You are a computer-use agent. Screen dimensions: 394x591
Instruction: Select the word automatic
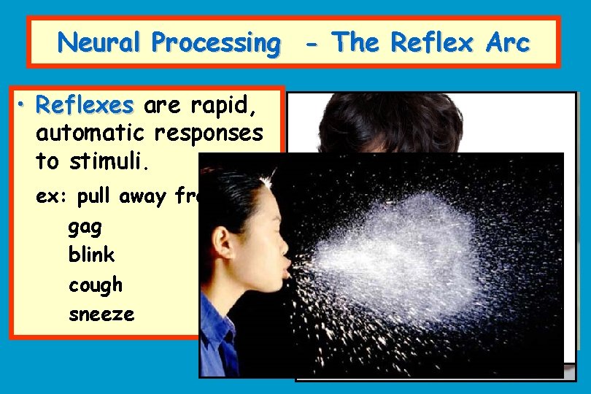[x=91, y=134]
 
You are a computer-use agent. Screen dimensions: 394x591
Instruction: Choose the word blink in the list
[x=91, y=255]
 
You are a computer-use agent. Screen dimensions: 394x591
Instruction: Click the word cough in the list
[x=96, y=285]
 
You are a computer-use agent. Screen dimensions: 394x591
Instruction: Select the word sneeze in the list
[x=101, y=314]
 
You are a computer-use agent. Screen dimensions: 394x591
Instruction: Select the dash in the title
[x=312, y=44]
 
